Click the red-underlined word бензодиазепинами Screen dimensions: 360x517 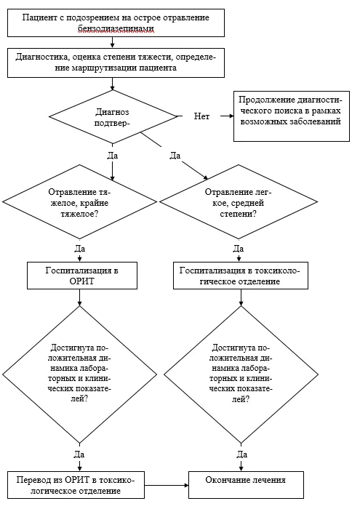(x=116, y=28)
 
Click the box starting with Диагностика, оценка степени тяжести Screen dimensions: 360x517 (x=116, y=63)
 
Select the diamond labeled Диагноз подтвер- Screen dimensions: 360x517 (x=113, y=117)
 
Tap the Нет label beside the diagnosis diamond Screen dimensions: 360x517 (x=201, y=116)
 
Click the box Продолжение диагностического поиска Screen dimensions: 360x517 (x=292, y=116)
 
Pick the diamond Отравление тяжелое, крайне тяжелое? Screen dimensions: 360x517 (x=79, y=202)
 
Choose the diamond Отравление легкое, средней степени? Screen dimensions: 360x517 (x=239, y=202)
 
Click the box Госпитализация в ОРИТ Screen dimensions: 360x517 (x=82, y=276)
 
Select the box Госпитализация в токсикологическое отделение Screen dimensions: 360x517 (x=241, y=276)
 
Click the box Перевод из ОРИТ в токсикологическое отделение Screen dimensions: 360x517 (x=76, y=485)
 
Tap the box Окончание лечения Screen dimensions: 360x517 (x=246, y=485)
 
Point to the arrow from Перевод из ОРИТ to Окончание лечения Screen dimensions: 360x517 (x=167, y=485)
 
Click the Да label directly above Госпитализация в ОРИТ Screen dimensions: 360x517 (x=79, y=248)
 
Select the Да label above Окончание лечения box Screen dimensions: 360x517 (x=241, y=454)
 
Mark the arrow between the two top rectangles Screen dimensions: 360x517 (x=113, y=42)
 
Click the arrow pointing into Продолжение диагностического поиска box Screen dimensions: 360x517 (x=227, y=116)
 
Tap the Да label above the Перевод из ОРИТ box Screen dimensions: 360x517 (x=79, y=454)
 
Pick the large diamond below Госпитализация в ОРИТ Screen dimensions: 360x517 (x=79, y=374)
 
